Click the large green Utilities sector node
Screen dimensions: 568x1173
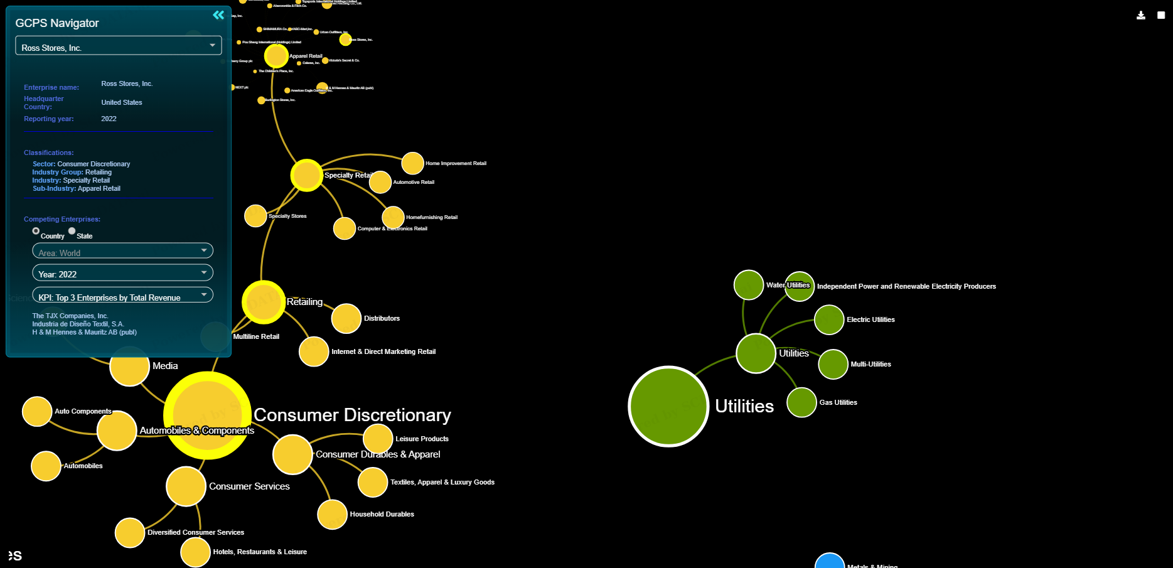[x=668, y=406]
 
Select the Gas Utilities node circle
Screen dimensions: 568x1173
[x=801, y=402]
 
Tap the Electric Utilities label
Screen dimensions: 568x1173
[x=870, y=319]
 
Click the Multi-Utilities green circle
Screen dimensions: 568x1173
[x=833, y=364]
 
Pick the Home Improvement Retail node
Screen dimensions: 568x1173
[x=412, y=163]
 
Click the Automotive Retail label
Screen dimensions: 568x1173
[x=414, y=182]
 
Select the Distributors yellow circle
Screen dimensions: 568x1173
[x=346, y=318]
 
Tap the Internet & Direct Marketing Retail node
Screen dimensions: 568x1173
[x=314, y=351]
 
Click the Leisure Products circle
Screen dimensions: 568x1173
[x=378, y=439]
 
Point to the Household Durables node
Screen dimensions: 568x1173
[x=332, y=515]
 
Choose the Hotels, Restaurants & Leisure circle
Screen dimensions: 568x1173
[x=195, y=552]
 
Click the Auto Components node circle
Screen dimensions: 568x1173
[x=37, y=411]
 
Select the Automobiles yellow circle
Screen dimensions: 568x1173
[x=46, y=466]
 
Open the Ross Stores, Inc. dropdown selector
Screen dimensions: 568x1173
[x=118, y=46]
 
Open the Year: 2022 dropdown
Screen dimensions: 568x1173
[x=122, y=274]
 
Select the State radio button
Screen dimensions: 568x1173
[x=72, y=231]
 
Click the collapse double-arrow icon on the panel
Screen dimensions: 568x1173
[x=218, y=15]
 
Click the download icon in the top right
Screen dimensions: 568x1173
[x=1140, y=15]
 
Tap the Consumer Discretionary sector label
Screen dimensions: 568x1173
[x=352, y=415]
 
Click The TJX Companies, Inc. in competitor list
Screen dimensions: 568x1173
[x=70, y=316]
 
